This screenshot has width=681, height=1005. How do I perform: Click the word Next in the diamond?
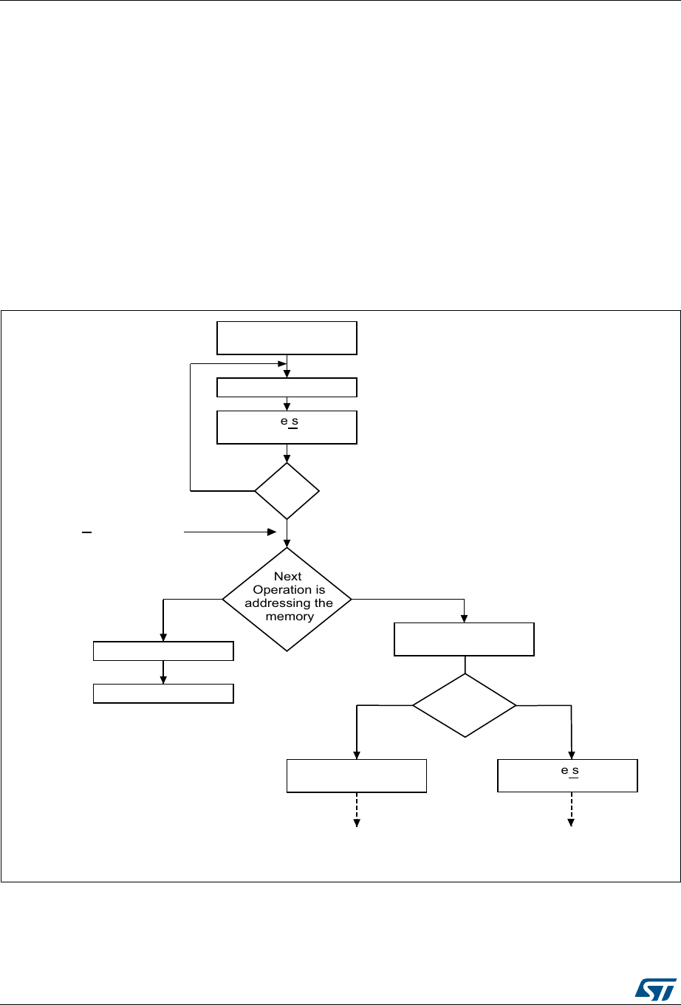(x=287, y=577)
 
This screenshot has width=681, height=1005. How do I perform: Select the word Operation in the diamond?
(x=289, y=590)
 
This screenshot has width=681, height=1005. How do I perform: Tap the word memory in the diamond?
(x=289, y=617)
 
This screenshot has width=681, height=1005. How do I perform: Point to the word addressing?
(x=289, y=603)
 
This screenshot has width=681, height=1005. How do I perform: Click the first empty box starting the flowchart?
(x=287, y=337)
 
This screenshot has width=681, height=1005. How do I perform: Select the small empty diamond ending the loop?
(x=287, y=490)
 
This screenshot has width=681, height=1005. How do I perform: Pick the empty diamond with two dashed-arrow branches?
(x=464, y=705)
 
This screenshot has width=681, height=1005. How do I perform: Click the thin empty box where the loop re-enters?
(x=287, y=388)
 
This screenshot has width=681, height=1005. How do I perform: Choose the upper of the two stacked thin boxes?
(x=163, y=651)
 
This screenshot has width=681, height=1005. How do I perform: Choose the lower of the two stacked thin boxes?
(x=163, y=693)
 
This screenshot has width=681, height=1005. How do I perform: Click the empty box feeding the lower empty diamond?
(x=464, y=639)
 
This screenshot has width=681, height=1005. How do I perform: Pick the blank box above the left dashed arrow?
(x=357, y=775)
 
